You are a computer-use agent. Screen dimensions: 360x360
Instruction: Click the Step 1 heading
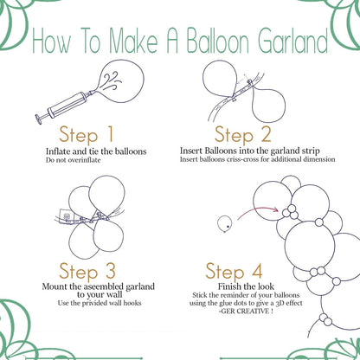[x=87, y=135]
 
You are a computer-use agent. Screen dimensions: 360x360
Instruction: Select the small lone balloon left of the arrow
[x=223, y=223]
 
